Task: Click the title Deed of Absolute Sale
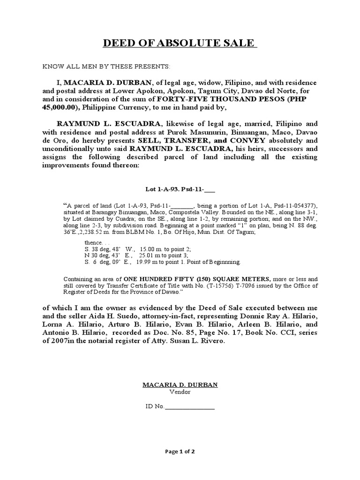click(180, 44)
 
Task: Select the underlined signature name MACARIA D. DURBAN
click(180, 384)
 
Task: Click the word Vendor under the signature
click(180, 392)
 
